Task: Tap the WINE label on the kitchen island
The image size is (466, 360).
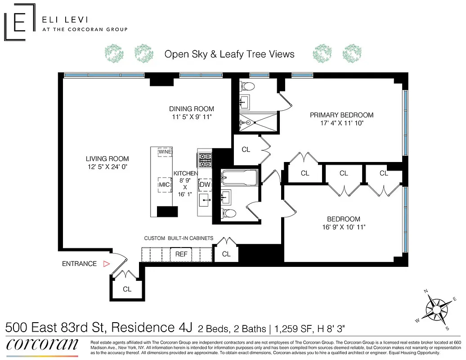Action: pos(165,152)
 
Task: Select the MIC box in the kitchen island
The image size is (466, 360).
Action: pos(164,184)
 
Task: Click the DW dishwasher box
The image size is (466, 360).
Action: pos(205,184)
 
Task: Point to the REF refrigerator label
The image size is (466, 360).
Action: pos(181,254)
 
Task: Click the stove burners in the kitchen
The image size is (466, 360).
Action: pos(205,160)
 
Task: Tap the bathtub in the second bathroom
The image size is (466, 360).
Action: pos(239,178)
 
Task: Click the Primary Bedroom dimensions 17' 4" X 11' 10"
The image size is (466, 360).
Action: pos(341,122)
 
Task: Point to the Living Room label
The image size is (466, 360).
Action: pos(107,158)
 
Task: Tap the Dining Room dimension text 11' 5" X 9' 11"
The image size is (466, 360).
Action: pos(191,117)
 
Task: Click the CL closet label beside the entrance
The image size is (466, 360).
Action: pos(127,289)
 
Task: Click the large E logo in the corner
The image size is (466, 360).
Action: pos(19,22)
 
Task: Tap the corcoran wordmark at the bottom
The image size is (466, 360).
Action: pos(42,344)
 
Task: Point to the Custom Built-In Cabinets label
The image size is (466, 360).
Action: pos(178,238)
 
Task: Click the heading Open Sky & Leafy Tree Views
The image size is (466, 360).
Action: pos(229,54)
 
